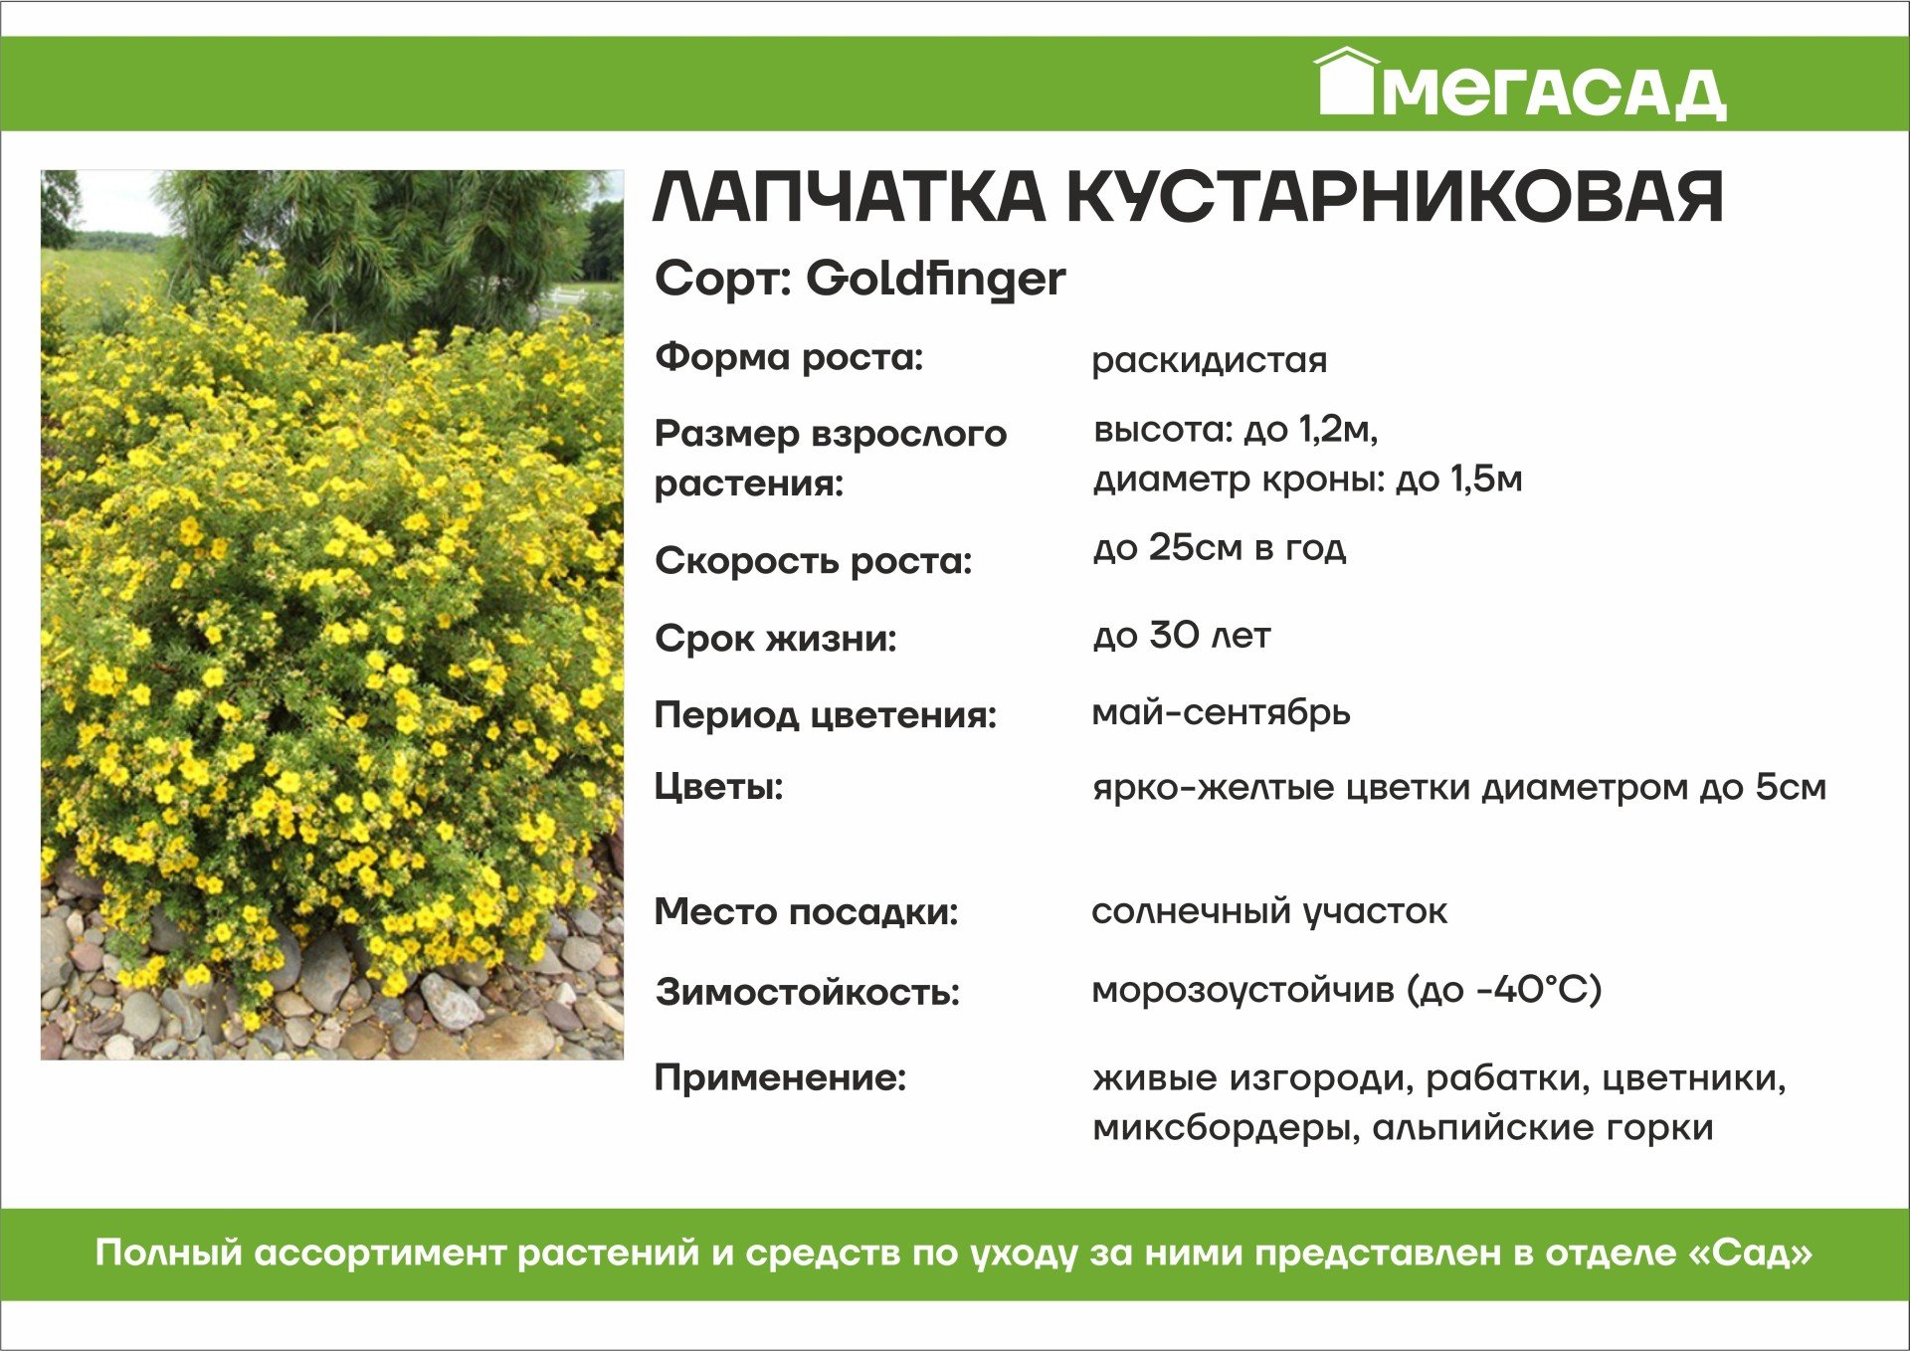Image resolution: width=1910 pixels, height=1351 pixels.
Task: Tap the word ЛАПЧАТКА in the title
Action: pos(849,196)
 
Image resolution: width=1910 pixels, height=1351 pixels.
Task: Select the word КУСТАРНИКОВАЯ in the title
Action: pos(1395,196)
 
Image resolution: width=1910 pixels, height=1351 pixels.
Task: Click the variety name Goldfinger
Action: pos(935,279)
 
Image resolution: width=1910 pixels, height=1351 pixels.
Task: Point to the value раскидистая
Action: pos(1209,360)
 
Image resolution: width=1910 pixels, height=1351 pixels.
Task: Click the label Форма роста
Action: pos(789,357)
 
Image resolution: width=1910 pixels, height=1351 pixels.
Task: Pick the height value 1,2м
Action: pos(1338,430)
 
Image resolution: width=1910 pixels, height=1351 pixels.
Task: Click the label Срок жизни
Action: pos(776,639)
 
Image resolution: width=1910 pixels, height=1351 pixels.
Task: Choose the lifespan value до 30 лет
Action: pos(1182,635)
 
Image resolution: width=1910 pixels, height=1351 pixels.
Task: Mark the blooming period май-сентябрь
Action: pos(1221,712)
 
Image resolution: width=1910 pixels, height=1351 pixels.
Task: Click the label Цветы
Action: pos(718,787)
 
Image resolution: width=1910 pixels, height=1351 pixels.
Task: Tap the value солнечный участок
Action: pos(1269,911)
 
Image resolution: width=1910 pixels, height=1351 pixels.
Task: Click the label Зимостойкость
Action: pos(807,992)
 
